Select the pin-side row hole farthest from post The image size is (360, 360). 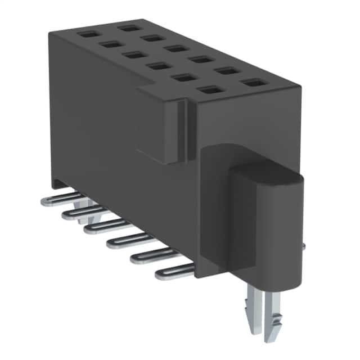[x=87, y=34]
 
